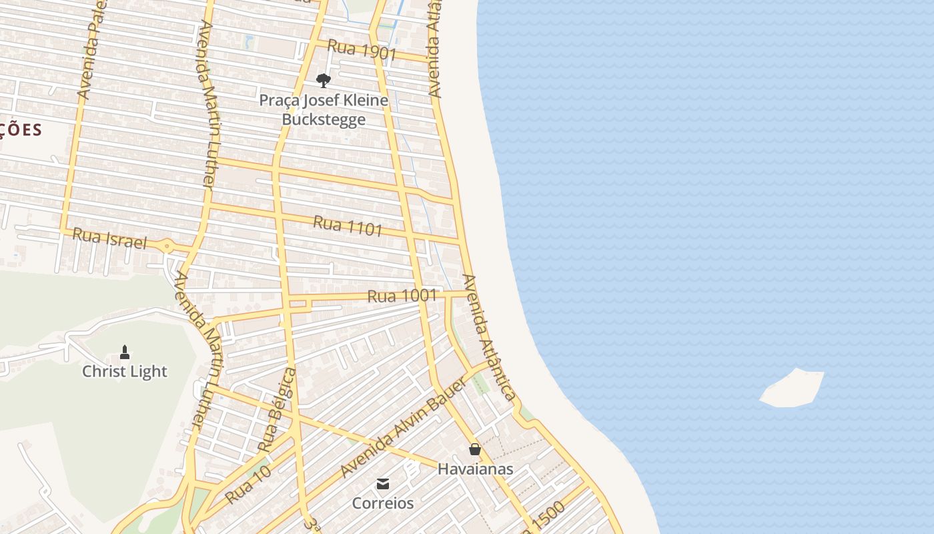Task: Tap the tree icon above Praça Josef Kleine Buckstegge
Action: click(x=324, y=81)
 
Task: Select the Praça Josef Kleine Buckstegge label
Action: click(x=324, y=110)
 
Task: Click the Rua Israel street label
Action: click(x=109, y=238)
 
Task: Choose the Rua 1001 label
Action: click(x=402, y=296)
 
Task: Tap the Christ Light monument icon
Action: click(x=125, y=352)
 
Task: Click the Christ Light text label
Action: click(x=125, y=372)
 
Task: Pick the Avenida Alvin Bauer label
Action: click(x=402, y=427)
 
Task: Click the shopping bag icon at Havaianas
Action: click(x=475, y=449)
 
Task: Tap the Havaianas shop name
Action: click(x=475, y=469)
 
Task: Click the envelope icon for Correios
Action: click(x=383, y=484)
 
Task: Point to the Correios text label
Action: click(x=383, y=503)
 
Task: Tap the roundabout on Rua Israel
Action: click(x=167, y=246)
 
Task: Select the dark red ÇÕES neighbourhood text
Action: click(x=20, y=129)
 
